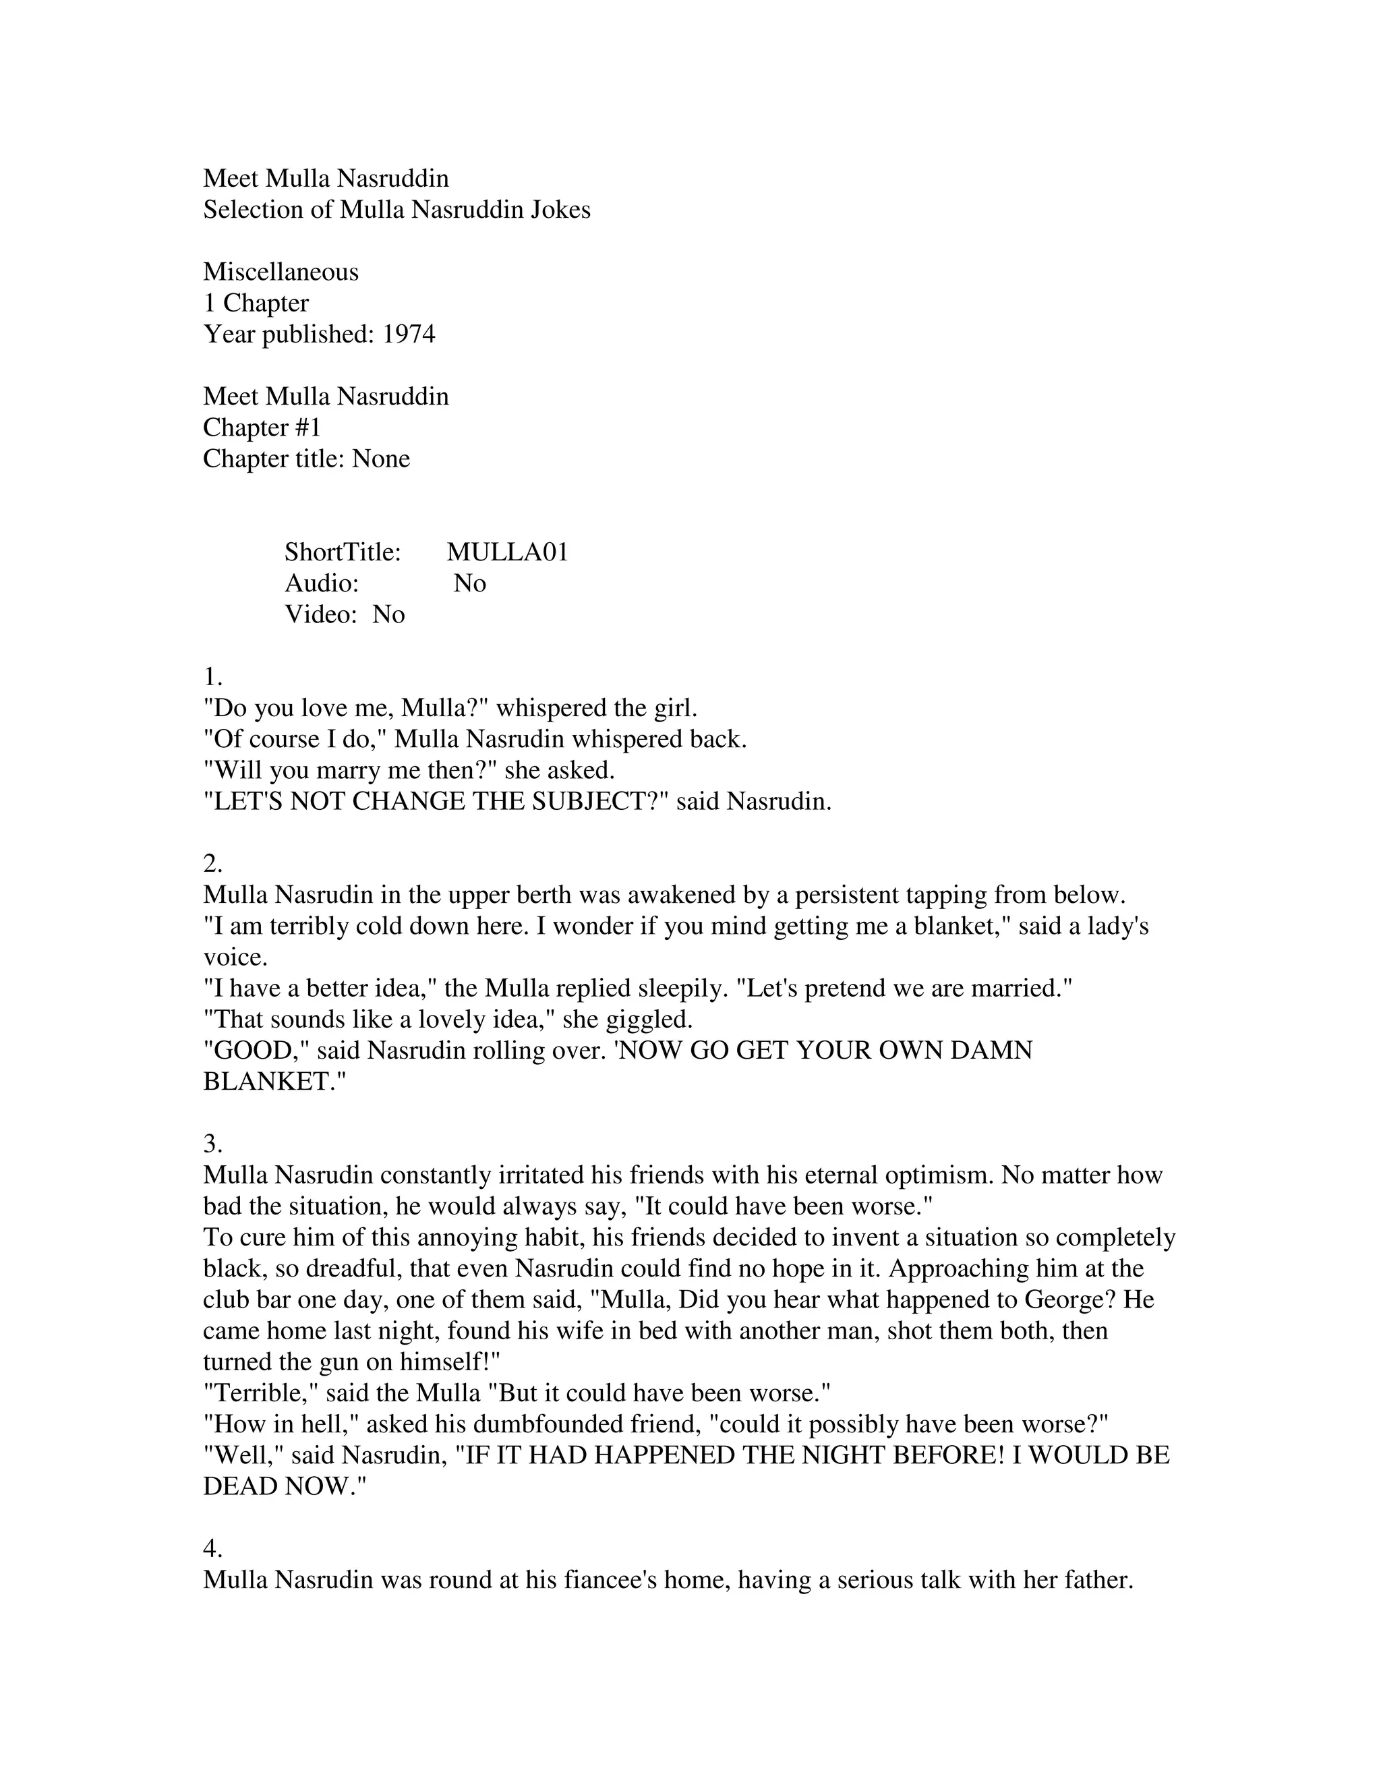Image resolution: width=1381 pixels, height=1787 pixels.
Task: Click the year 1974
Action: tap(408, 334)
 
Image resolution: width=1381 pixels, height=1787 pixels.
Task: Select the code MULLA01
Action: tap(507, 552)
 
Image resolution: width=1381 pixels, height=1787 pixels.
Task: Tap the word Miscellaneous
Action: tap(281, 272)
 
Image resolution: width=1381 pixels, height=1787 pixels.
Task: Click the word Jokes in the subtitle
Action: tap(560, 210)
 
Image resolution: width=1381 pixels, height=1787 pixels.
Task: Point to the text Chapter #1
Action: tap(262, 428)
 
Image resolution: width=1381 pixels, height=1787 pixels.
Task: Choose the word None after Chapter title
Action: tap(380, 459)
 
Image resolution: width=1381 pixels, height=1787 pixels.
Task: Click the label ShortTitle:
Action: tap(343, 552)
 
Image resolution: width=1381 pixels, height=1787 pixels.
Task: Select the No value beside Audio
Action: tap(469, 583)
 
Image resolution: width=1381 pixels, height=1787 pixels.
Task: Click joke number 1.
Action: tap(212, 678)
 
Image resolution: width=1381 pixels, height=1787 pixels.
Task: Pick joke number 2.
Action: tap(212, 864)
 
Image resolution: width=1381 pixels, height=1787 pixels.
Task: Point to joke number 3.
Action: tap(212, 1144)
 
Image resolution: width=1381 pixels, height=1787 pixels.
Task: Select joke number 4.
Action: tap(212, 1549)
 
